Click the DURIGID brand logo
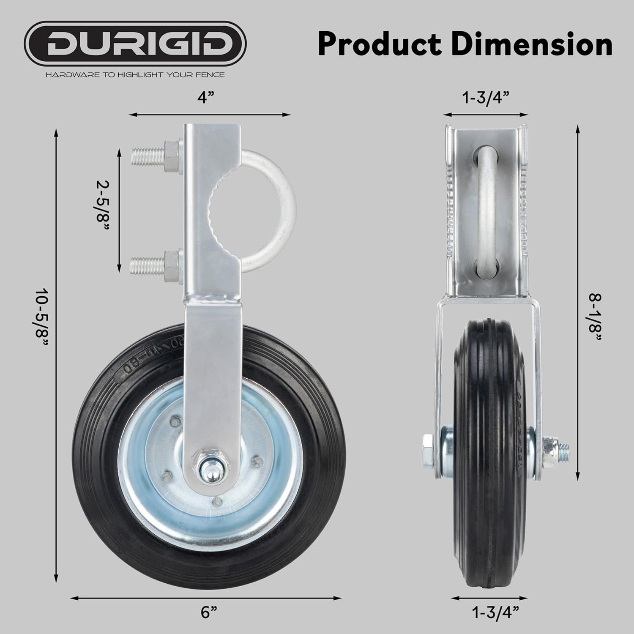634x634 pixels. (x=135, y=44)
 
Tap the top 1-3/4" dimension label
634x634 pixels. (x=485, y=98)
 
